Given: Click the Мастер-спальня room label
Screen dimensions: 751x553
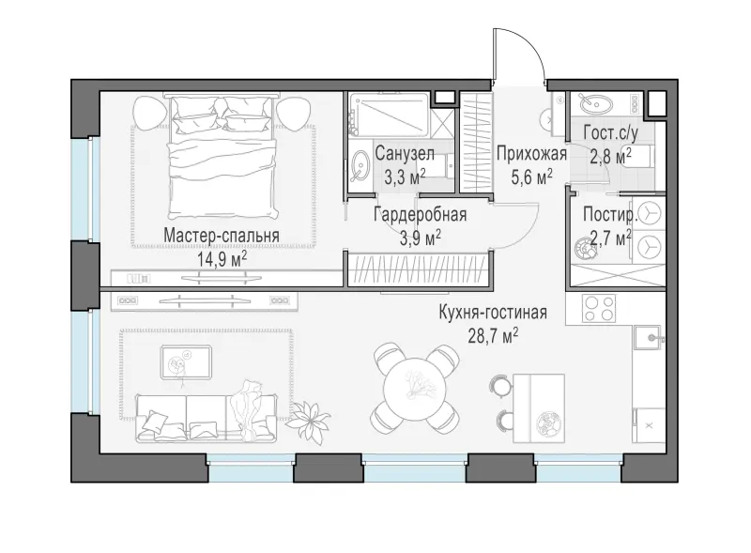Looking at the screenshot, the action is pyautogui.click(x=222, y=236).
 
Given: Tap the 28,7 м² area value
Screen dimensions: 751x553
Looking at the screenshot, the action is pyautogui.click(x=493, y=335).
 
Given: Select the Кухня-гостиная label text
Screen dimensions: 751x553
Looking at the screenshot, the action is pyautogui.click(x=493, y=313).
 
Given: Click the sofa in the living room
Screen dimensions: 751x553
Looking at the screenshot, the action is pyautogui.click(x=207, y=417).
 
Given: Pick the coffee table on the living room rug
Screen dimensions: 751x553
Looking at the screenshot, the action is pyautogui.click(x=186, y=361).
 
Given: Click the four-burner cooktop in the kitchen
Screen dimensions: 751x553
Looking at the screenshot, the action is pyautogui.click(x=599, y=308).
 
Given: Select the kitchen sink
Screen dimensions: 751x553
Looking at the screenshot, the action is pyautogui.click(x=650, y=338).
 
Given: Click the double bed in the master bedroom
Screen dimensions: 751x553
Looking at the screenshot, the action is pyautogui.click(x=222, y=157).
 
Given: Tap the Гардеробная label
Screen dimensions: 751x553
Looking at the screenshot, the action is pyautogui.click(x=420, y=214).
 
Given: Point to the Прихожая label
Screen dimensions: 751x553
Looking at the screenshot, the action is pyautogui.click(x=531, y=154).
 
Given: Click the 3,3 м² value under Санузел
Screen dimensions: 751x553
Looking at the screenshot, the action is pyautogui.click(x=405, y=177).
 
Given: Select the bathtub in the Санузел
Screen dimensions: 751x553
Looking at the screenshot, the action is pyautogui.click(x=389, y=115).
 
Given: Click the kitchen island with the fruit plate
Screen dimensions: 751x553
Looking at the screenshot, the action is pyautogui.click(x=539, y=408).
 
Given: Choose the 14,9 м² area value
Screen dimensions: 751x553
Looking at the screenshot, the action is pyautogui.click(x=222, y=259).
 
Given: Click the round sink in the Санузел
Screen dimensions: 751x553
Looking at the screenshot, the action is pyautogui.click(x=359, y=166).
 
